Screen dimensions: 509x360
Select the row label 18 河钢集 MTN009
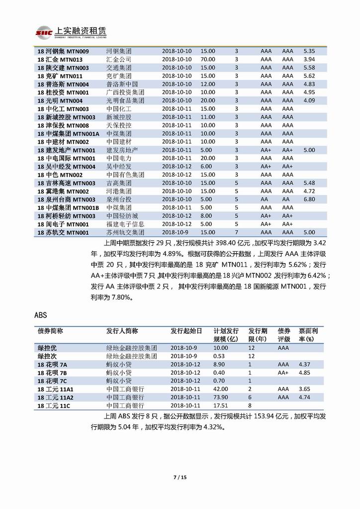click(63, 51)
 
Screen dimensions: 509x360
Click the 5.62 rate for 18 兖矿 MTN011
click(309, 76)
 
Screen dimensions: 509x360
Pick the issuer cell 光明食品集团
click(125, 101)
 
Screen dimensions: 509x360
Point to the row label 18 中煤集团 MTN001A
click(69, 133)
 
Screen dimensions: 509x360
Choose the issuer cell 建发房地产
click(122, 150)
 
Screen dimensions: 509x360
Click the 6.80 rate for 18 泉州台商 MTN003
click(309, 199)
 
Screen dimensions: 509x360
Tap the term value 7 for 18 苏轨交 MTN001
click(236, 232)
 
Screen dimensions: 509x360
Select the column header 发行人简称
click(122, 331)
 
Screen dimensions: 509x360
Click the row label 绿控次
click(48, 356)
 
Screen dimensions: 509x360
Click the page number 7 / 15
click(180, 478)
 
